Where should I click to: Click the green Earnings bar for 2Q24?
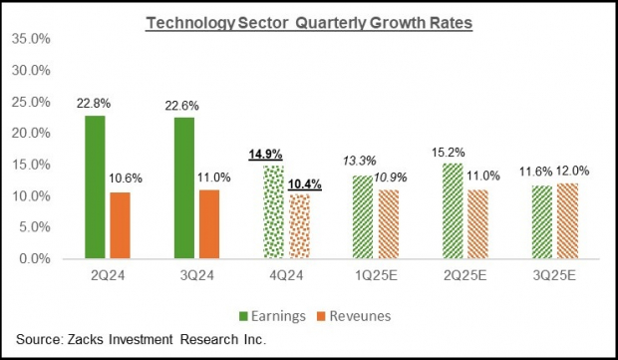[x=96, y=187]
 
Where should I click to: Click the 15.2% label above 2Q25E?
[x=454, y=152]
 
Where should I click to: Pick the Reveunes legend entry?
[x=360, y=316]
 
